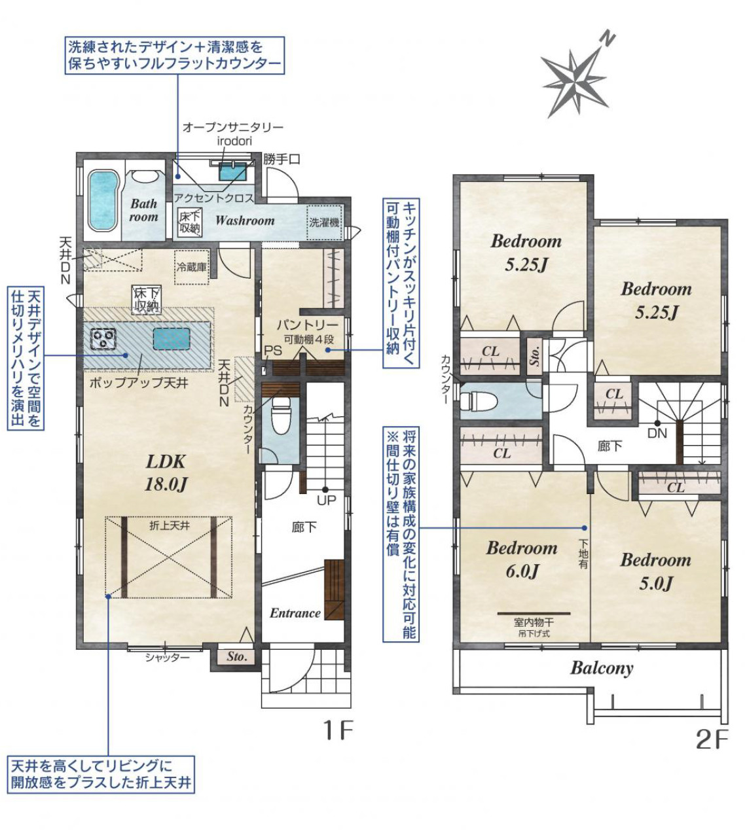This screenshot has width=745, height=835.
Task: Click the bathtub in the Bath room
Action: (x=103, y=201)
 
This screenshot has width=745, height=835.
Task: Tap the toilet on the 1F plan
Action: (x=282, y=416)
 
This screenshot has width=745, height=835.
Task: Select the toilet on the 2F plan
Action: (x=478, y=400)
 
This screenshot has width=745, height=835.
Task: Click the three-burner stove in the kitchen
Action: (x=103, y=339)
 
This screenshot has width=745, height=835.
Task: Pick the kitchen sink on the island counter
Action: (x=172, y=339)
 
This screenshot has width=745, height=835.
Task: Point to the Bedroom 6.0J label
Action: (x=522, y=560)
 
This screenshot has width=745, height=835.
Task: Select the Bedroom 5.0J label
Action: (x=655, y=572)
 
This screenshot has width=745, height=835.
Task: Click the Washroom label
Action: (x=244, y=221)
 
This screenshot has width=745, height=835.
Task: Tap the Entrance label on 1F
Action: (x=295, y=613)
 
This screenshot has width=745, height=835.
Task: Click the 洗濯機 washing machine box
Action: (x=325, y=222)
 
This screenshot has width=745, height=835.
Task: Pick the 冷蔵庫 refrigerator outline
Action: (x=192, y=267)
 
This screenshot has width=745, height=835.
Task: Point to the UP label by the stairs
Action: (x=326, y=501)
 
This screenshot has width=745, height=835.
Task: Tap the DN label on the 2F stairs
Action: (x=657, y=433)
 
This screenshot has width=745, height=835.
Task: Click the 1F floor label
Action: (x=338, y=731)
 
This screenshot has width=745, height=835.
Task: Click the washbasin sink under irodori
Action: (x=232, y=171)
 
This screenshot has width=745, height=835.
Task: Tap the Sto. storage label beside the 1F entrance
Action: (x=236, y=656)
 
